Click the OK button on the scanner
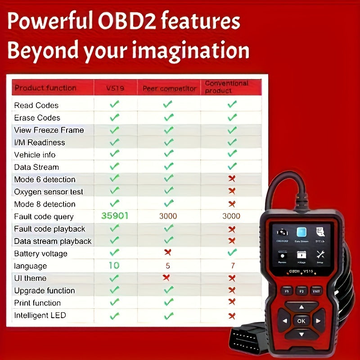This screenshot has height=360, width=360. pyautogui.click(x=301, y=321)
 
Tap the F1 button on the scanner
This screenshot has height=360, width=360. pyautogui.click(x=287, y=291)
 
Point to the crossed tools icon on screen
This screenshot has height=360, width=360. pyautogui.click(x=320, y=255)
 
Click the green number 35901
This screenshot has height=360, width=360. pyautogui.click(x=115, y=216)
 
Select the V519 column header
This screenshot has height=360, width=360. pyautogui.click(x=115, y=88)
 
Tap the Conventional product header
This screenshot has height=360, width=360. pyautogui.click(x=226, y=87)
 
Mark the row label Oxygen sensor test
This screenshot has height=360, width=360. pyautogui.click(x=49, y=192)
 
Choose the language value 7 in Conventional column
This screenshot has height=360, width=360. pyautogui.click(x=232, y=265)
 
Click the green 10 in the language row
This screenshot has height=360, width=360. pyautogui.click(x=114, y=265)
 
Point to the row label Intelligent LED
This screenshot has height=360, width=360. pyautogui.click(x=40, y=315)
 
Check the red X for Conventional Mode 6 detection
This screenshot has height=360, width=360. pyautogui.click(x=232, y=179)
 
